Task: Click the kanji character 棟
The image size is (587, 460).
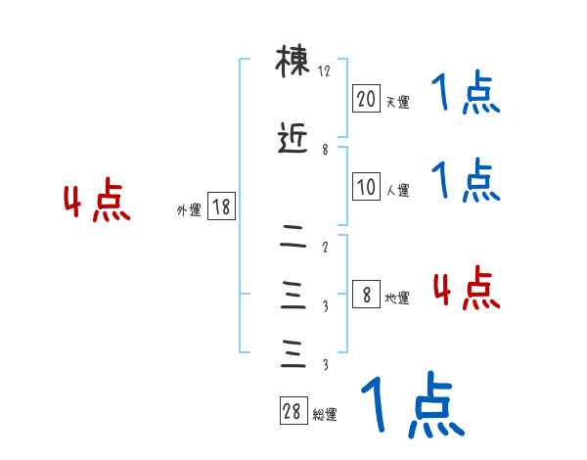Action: coord(293,65)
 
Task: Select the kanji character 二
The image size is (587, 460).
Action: coord(293,236)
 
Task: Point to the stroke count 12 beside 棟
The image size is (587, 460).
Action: coord(325,71)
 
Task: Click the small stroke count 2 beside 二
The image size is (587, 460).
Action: coord(325,247)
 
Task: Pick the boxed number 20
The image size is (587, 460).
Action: coord(366,99)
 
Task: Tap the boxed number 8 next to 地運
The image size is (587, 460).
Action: coord(366,295)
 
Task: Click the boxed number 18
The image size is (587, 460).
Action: coord(221,207)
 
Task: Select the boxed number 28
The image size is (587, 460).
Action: coord(293,412)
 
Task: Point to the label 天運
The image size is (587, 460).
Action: coord(397,102)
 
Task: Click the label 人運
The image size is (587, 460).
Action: coord(397,190)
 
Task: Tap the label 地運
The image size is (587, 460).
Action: coord(397,298)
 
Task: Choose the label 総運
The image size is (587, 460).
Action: coord(325,415)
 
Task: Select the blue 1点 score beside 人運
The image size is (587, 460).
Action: coord(466,180)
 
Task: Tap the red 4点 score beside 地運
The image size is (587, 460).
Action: coord(466,290)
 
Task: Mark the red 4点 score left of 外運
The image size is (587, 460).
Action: coord(97,204)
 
